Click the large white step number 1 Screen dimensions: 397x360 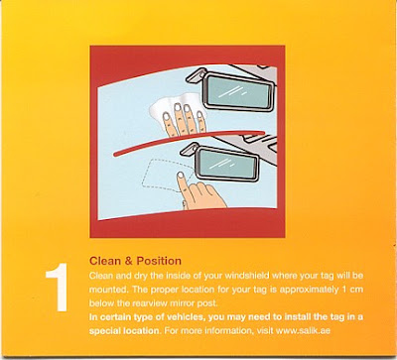click(57, 288)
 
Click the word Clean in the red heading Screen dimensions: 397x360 click(105, 261)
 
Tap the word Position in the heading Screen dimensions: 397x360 click(159, 261)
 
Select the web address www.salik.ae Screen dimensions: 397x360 click(303, 330)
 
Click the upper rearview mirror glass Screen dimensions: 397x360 click(239, 91)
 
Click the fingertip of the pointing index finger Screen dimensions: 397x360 click(181, 176)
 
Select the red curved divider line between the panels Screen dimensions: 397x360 click(189, 141)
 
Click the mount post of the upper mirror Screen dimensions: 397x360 click(196, 75)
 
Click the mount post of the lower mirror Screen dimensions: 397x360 click(190, 149)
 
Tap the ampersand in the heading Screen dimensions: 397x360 click(128, 261)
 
